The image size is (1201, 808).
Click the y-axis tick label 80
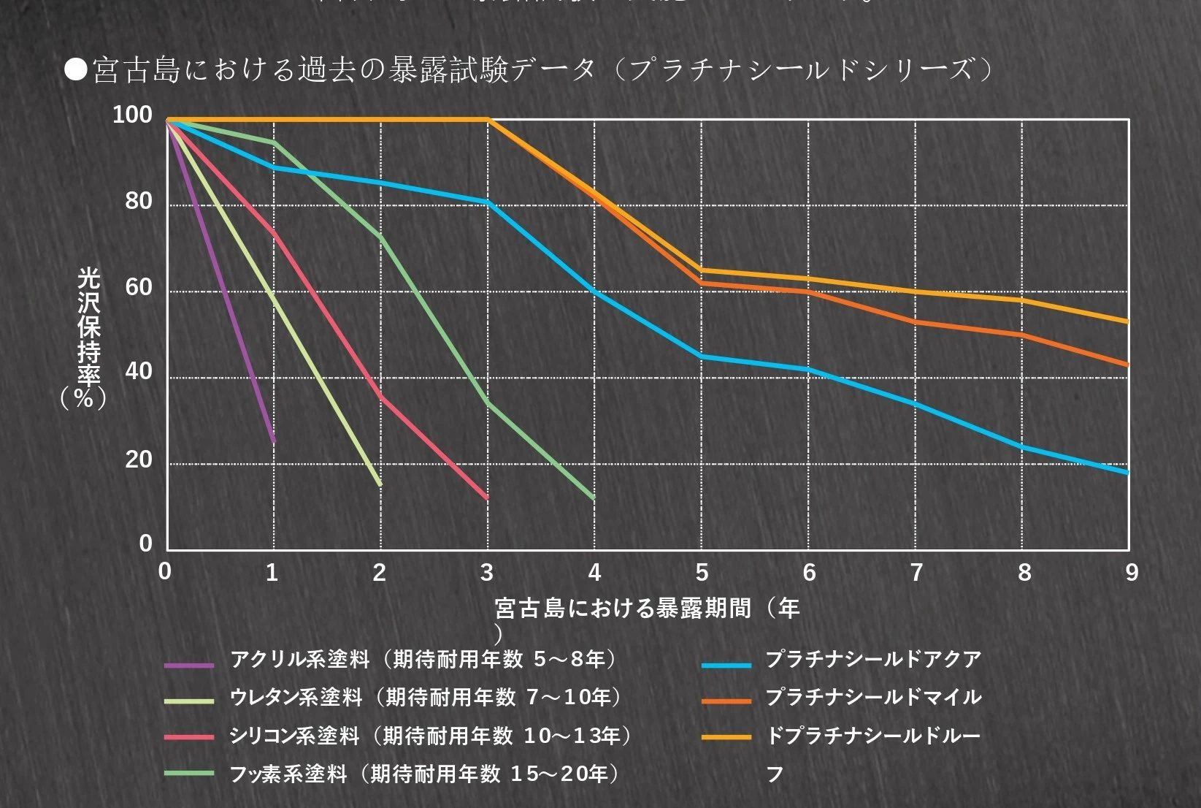[138, 201]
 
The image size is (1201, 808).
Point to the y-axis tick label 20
[138, 460]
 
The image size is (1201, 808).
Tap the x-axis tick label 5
[702, 573]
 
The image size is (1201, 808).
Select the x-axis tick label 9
[1131, 573]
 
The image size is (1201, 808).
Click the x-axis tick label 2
[380, 573]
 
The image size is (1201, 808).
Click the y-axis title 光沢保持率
[88, 327]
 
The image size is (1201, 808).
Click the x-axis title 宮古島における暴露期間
[623, 608]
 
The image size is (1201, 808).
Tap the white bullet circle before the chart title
[75, 70]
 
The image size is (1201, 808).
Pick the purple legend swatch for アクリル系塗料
[189, 665]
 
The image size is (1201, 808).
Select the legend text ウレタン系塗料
[296, 697]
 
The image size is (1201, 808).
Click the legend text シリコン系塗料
[294, 736]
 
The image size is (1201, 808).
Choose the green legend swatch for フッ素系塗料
[189, 773]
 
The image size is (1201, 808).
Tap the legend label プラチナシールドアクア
[873, 659]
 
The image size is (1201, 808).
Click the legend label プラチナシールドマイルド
[873, 697]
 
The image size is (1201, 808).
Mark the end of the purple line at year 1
[274, 441]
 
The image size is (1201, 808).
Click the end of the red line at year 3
[487, 498]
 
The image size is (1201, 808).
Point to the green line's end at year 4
[594, 498]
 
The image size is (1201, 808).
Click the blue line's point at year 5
[702, 357]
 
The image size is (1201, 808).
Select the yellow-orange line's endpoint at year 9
[1128, 321]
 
